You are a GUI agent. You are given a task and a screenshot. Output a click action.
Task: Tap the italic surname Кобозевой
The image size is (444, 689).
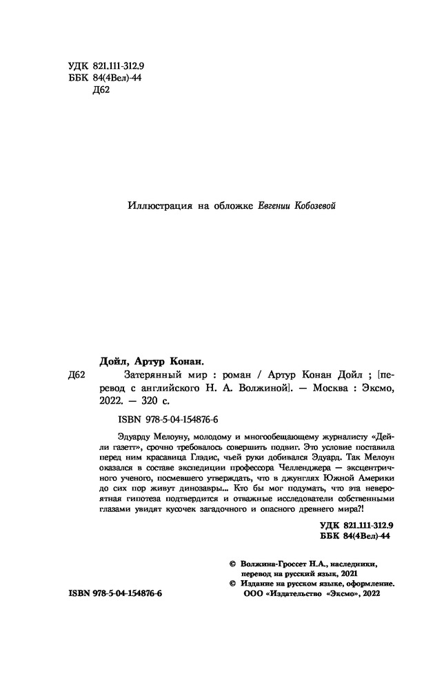click(x=315, y=205)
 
